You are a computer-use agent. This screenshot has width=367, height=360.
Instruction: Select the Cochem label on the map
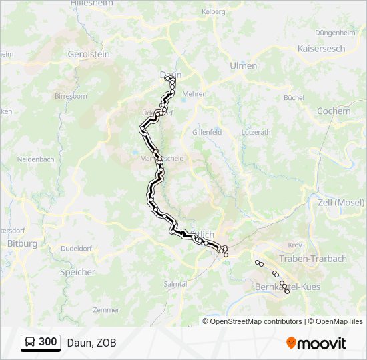333,111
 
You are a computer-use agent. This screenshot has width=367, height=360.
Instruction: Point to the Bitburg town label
22,244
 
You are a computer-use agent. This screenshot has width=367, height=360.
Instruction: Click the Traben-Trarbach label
312,259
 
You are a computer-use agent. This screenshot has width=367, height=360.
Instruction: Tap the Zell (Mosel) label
342,202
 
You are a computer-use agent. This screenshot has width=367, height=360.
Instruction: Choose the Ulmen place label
243,65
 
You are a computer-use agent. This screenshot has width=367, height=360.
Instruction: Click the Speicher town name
77,272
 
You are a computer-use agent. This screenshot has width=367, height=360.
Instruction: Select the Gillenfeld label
206,133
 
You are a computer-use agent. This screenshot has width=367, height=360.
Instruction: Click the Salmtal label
175,283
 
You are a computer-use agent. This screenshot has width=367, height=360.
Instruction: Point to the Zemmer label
106,310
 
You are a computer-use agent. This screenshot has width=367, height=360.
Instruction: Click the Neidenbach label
35,160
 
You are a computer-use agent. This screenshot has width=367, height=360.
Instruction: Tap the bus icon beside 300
30,342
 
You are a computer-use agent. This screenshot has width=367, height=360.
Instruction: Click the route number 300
48,342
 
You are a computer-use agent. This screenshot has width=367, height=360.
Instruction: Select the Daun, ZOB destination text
91,343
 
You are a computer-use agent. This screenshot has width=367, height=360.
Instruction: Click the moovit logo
316,343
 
